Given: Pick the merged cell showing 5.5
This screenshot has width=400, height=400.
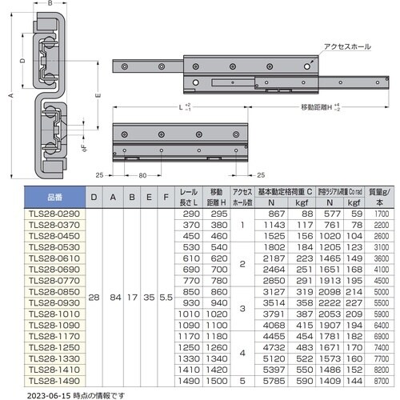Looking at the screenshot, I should [165, 298].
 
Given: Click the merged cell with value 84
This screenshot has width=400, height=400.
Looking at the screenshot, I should [115, 298].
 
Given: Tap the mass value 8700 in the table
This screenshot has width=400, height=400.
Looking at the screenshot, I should [382, 382].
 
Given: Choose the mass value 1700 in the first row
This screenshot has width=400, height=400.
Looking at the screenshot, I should [382, 215].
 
